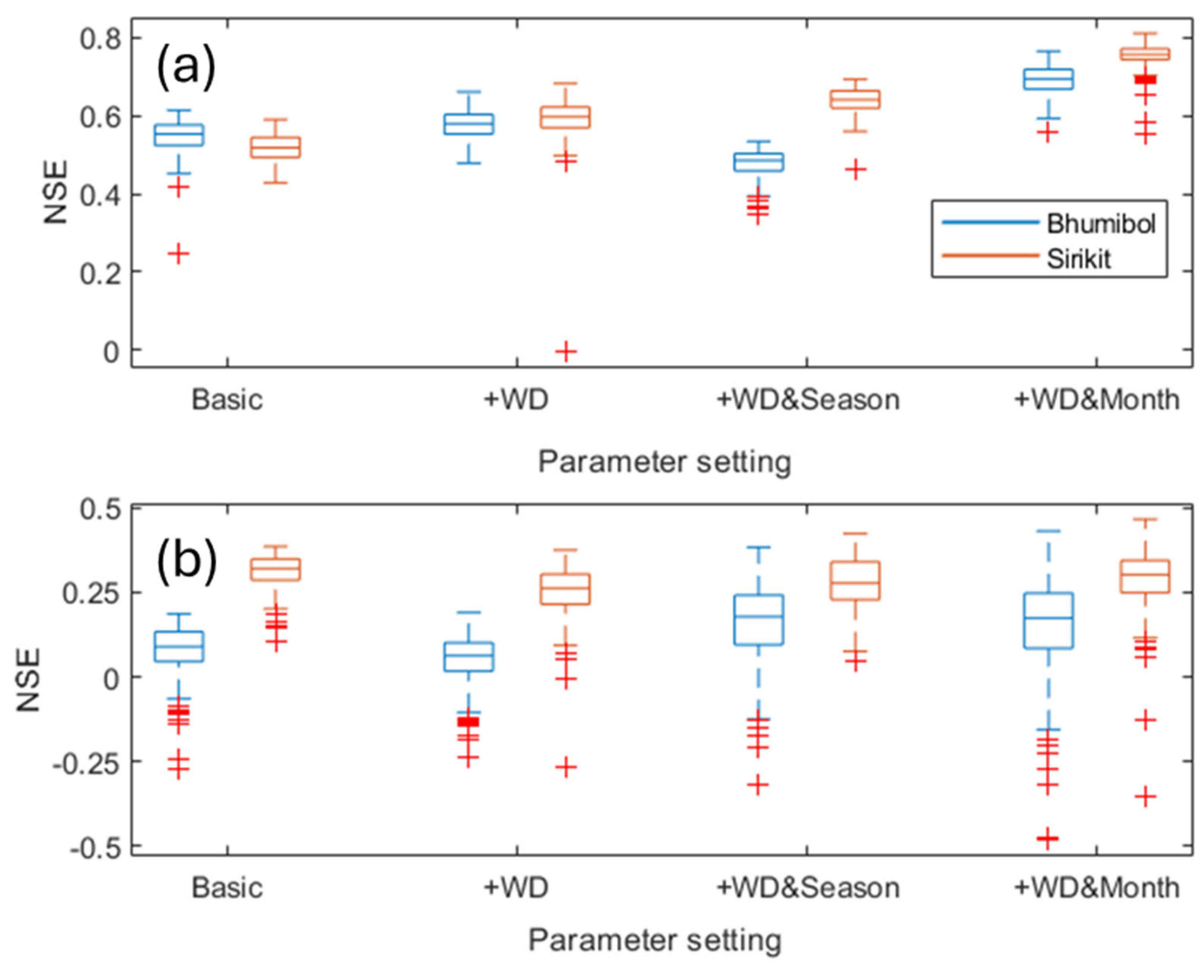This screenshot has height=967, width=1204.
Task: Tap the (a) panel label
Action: [185, 68]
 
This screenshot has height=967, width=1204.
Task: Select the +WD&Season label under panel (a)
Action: [807, 400]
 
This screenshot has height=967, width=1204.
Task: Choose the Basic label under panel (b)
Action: [227, 887]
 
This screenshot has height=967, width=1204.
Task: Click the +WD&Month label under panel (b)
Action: [1096, 887]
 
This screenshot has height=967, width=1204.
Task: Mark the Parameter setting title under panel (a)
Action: [664, 462]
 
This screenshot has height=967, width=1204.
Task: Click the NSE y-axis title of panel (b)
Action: [28, 679]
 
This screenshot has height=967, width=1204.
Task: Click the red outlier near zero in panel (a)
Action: [565, 352]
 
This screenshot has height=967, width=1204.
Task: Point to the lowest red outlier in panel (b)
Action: [1047, 838]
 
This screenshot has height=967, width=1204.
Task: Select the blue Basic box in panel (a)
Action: [179, 135]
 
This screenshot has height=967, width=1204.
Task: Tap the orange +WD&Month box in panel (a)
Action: [1145, 54]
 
